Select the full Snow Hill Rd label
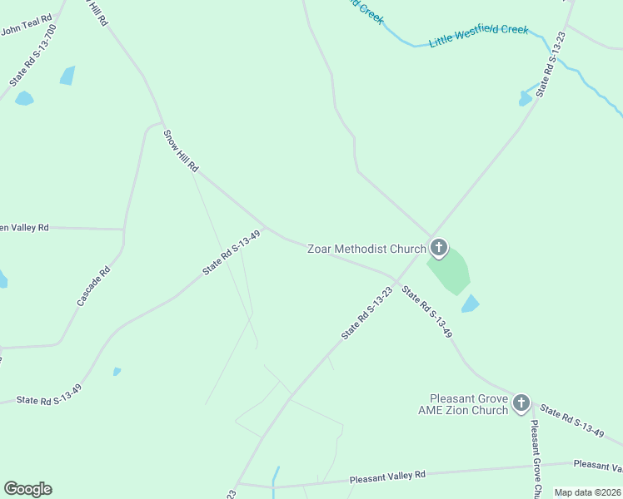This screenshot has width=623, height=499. point(181,151)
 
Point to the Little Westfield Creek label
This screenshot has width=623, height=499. point(479,35)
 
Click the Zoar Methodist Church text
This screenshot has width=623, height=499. point(366,249)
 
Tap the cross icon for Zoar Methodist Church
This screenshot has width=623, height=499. point(439,248)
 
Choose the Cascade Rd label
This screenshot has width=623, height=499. point(93,286)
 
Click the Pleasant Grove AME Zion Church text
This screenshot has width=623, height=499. point(468,404)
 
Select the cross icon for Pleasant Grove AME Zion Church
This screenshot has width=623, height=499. point(521,404)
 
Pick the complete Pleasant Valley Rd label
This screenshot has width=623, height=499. point(387,477)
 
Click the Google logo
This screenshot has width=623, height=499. point(27,489)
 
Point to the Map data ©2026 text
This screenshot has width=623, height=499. point(586,492)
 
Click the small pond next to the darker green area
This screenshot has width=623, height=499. point(471,304)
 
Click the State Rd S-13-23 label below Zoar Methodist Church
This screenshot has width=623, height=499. point(366,313)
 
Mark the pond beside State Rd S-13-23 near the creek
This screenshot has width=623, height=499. point(526,97)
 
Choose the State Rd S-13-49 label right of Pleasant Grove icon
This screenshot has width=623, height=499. point(571,421)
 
